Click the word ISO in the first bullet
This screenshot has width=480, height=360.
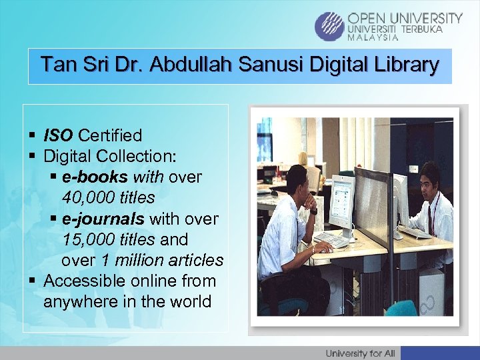coord(59,136)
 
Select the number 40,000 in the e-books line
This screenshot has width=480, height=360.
coord(86,198)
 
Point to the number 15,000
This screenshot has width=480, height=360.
coord(86,239)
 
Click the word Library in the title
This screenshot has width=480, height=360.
coord(405,65)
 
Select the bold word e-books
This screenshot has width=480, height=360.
coord(96,177)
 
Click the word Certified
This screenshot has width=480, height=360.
coord(110,136)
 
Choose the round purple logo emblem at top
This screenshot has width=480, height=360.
coord(329,26)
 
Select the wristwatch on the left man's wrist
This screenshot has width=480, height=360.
coord(313,211)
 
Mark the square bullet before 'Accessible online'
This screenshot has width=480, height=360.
coord(31,281)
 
